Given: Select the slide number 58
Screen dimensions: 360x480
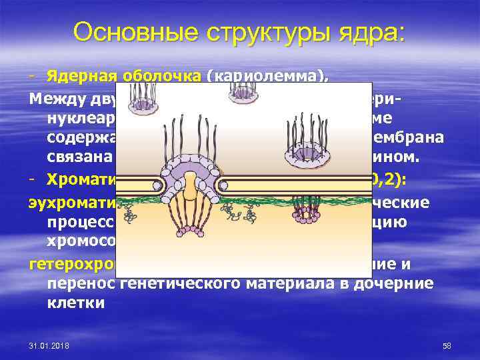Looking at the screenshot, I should click(447, 346).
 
